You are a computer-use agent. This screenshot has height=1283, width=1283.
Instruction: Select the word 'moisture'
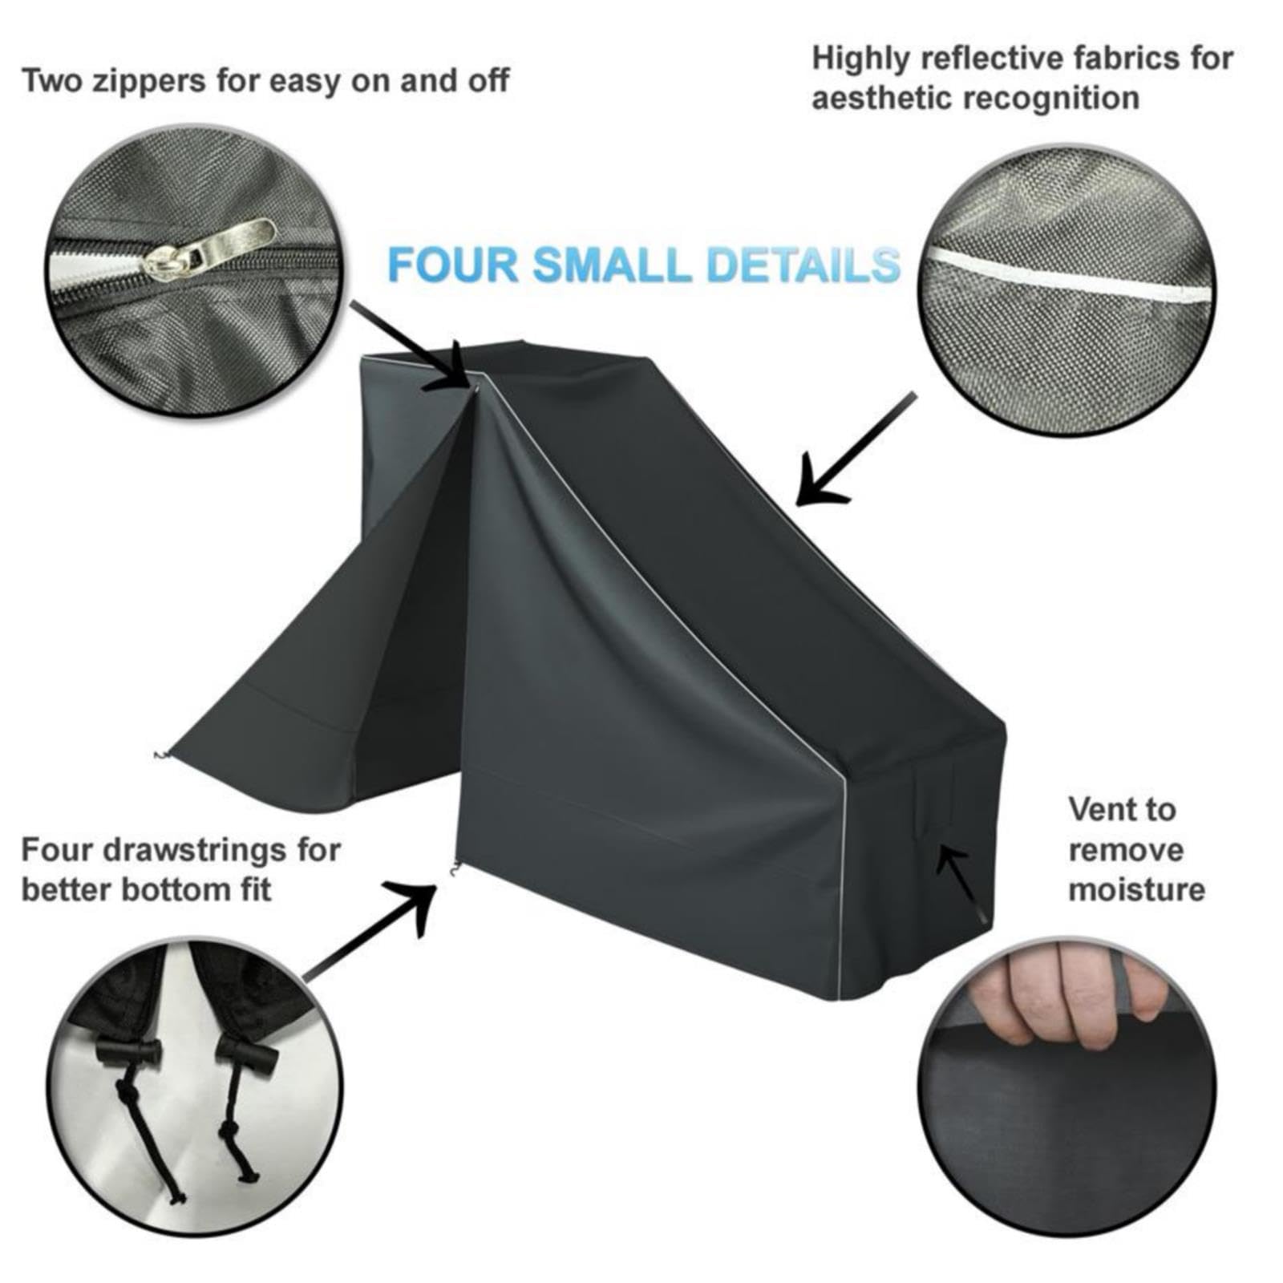(x=1136, y=889)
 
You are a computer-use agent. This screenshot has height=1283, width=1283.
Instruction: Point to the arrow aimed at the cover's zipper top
(x=409, y=345)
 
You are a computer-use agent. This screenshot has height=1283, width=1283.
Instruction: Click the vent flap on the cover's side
(x=934, y=794)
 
